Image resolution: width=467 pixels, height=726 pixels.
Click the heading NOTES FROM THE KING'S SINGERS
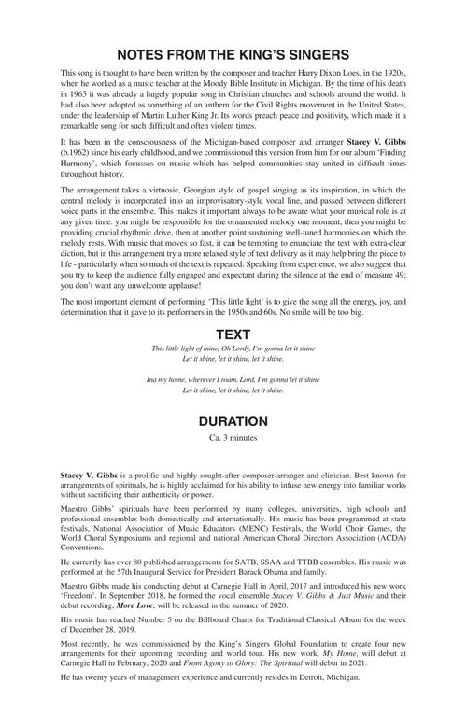coord(233,55)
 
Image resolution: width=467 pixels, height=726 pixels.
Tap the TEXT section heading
coord(233,334)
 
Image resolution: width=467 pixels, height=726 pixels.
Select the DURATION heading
coord(233,420)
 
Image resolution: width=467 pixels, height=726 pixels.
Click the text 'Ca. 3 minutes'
coord(233,437)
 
